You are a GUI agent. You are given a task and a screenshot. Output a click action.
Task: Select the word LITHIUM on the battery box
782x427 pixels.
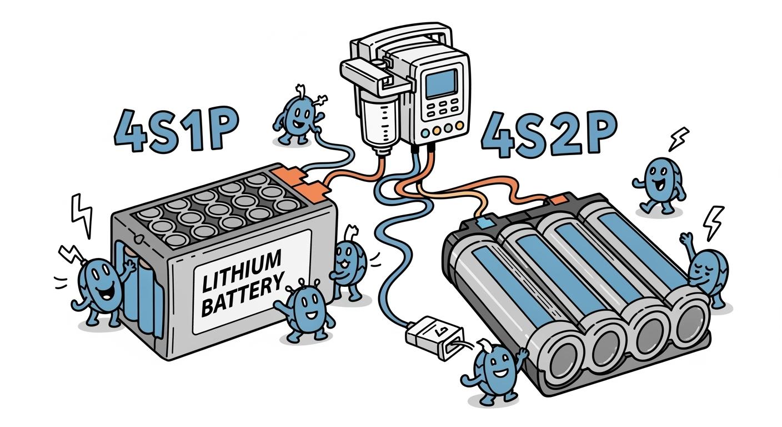click(242, 270)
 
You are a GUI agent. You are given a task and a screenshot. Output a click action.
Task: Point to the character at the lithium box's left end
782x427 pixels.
click(102, 286)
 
